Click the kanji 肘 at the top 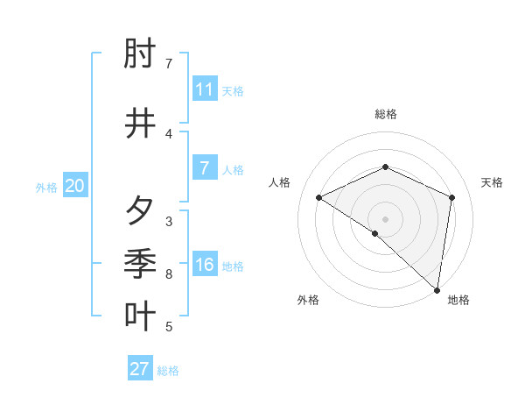[x=141, y=57]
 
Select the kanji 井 [x=141, y=124]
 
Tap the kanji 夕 [x=141, y=210]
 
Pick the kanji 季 [x=141, y=263]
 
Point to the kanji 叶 [x=141, y=316]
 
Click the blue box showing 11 [x=205, y=89]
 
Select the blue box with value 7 [x=205, y=168]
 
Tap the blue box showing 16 [x=205, y=265]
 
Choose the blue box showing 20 [x=75, y=186]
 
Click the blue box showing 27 [x=140, y=369]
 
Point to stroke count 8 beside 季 [x=169, y=274]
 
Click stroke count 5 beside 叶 [x=169, y=327]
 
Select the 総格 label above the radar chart [x=386, y=114]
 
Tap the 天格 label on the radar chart [x=493, y=182]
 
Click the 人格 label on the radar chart [x=280, y=182]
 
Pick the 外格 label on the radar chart [x=308, y=300]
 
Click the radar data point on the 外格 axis [x=375, y=233]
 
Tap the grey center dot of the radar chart [x=386, y=219]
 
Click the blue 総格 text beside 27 [x=168, y=371]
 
